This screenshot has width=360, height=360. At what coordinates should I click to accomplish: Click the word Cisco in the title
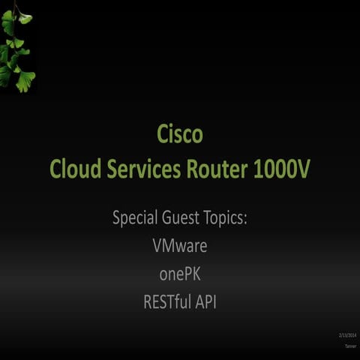click(180, 135)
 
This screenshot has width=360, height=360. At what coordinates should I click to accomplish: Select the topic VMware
click(179, 246)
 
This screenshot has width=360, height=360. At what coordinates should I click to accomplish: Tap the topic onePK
click(179, 274)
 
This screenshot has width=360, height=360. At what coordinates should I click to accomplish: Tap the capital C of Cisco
click(163, 135)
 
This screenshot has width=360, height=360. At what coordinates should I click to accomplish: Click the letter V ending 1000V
click(301, 170)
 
